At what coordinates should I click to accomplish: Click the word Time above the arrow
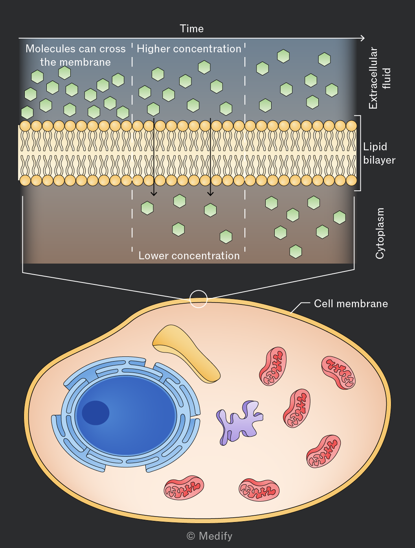coord(191,29)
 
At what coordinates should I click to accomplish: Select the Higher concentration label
coord(189,49)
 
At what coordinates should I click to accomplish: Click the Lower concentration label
coord(189,256)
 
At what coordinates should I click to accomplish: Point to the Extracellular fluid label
coord(379,78)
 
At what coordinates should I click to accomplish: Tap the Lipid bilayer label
coord(379,153)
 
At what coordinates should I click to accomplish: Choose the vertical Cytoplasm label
coord(380,233)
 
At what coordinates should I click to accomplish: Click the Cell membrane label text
coord(351,304)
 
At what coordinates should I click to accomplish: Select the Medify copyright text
coord(209,536)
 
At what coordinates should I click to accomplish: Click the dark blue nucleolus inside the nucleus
coord(95,413)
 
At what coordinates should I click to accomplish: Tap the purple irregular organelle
coord(239,422)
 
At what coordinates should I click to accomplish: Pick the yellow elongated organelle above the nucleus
coord(186,354)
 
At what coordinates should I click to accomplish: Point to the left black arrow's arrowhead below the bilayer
coord(154,193)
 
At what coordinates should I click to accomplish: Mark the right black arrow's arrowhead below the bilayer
coord(211,193)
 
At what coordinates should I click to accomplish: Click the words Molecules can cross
coord(75,49)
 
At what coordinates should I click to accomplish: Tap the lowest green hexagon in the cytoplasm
coord(296,251)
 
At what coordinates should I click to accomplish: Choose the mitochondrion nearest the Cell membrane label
coord(338,373)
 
